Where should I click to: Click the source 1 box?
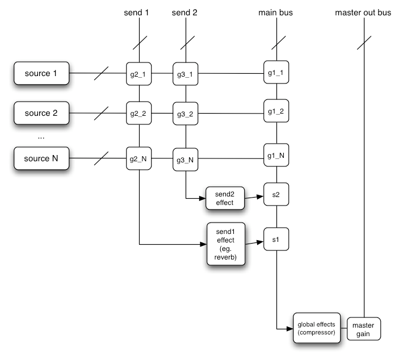pyautogui.click(x=41, y=73)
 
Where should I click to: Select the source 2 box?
pyautogui.click(x=41, y=112)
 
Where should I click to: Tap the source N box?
pyautogui.click(x=41, y=158)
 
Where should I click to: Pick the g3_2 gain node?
pyautogui.click(x=186, y=113)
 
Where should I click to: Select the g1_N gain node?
pyautogui.click(x=275, y=154)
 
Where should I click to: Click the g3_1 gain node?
pyautogui.click(x=186, y=73)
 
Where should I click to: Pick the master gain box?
pyautogui.click(x=363, y=328)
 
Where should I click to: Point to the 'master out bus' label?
pyautogui.click(x=363, y=12)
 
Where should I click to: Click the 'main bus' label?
pyautogui.click(x=275, y=12)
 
